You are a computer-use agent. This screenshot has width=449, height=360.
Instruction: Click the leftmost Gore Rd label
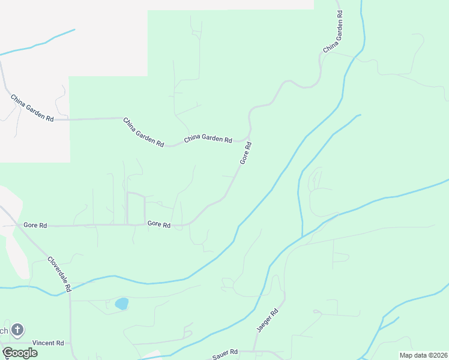[x=35, y=225]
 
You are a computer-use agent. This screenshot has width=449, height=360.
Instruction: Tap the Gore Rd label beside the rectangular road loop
[x=159, y=225]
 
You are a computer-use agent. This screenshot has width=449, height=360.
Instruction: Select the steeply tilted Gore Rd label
[x=245, y=153]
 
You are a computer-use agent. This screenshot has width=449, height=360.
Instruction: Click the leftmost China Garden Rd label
[x=32, y=108]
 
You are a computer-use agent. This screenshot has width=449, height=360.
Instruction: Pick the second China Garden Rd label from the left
[x=143, y=132]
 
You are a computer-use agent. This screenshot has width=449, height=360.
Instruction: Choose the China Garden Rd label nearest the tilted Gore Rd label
[x=208, y=139]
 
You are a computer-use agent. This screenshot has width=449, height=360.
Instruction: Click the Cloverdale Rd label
[x=60, y=274]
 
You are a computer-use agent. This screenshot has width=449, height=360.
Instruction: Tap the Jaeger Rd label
[x=268, y=321]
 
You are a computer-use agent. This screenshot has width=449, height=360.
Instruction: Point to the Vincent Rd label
[x=48, y=343]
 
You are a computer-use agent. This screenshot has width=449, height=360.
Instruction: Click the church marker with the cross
[x=17, y=329]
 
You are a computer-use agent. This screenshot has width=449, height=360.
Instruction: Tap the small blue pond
[x=121, y=304]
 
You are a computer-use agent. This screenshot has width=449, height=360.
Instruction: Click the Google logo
[x=19, y=353]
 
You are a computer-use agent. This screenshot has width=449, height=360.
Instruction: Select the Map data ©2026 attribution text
[x=423, y=355]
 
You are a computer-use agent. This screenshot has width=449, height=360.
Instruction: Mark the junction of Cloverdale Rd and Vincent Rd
[x=70, y=343]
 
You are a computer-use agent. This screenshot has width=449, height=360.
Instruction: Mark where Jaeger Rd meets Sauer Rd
[x=255, y=350]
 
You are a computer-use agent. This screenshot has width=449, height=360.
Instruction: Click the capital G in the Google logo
[x=7, y=352]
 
